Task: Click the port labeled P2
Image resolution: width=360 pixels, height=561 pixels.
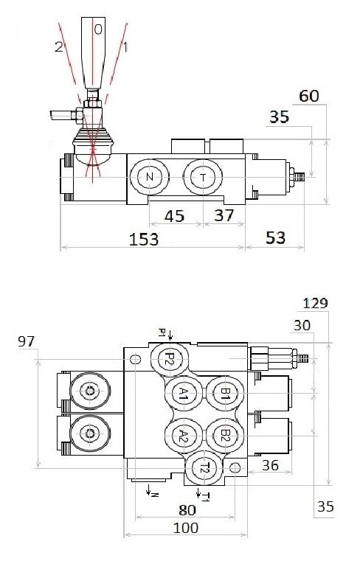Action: pos(170,358)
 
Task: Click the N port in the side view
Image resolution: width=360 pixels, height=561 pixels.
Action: pos(149,177)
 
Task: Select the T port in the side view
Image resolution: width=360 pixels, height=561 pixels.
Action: pos(203,177)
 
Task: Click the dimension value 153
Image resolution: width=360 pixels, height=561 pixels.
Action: pos(144,239)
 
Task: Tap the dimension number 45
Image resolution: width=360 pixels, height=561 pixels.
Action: pos(174,216)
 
